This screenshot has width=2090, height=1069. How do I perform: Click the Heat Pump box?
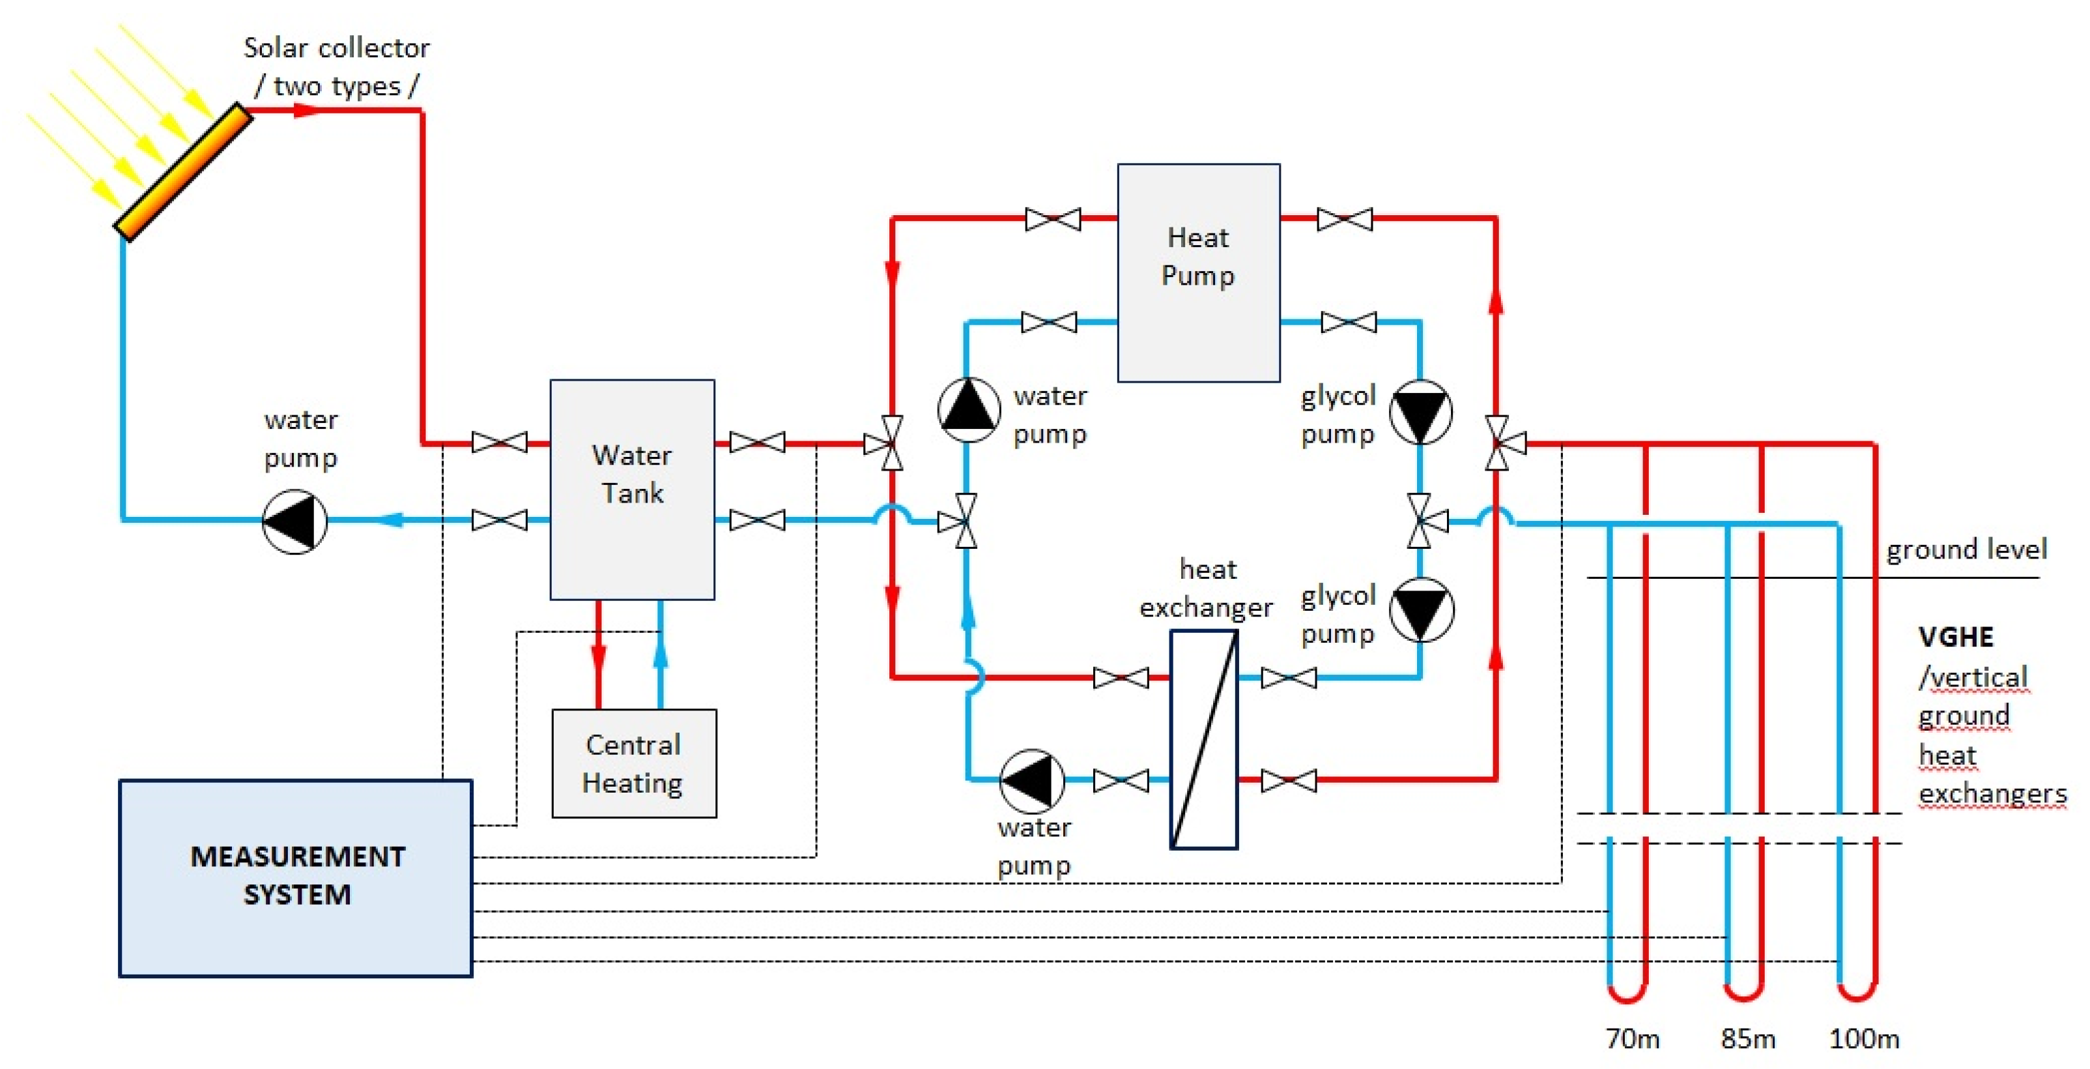[1198, 272]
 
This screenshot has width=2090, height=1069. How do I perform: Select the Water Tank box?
[632, 490]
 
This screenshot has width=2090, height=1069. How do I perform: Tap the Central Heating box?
[634, 763]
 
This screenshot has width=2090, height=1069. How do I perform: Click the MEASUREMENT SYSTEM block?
[296, 877]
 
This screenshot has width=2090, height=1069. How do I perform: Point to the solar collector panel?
[183, 171]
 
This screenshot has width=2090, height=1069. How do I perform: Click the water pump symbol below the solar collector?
[294, 521]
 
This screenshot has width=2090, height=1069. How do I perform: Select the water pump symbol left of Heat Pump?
[968, 409]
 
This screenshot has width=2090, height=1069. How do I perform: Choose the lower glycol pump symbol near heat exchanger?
[1421, 609]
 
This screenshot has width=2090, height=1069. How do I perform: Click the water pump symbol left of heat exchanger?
[1031, 780]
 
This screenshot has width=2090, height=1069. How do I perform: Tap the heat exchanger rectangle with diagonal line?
[1203, 739]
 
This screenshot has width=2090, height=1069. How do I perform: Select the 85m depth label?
[1747, 1038]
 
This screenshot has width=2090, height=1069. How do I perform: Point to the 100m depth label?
[1864, 1038]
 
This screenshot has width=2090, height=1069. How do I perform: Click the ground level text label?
[1966, 549]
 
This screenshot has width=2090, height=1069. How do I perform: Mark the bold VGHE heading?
[1955, 636]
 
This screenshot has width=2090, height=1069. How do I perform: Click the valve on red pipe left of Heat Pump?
[1052, 219]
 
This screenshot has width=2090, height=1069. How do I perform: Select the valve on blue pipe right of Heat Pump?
[1348, 322]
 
